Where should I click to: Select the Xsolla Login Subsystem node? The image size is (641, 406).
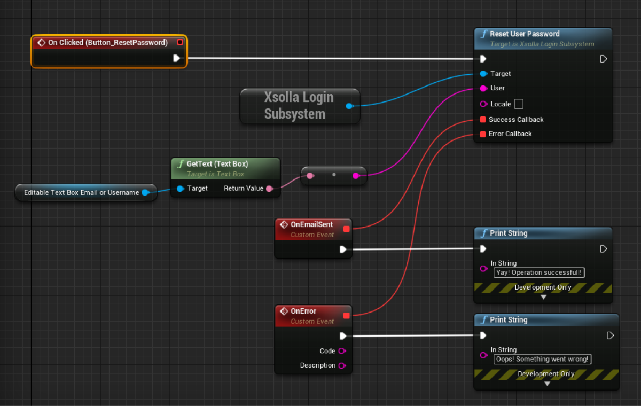[x=299, y=106]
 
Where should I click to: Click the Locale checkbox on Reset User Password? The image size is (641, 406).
[x=518, y=104]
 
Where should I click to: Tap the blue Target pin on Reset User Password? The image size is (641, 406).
[x=483, y=74]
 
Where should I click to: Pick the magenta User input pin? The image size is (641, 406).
[x=483, y=88]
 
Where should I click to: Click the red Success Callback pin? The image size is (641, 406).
[x=483, y=120]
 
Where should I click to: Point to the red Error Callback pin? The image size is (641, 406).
[x=483, y=134]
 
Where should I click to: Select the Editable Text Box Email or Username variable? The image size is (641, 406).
[x=81, y=192]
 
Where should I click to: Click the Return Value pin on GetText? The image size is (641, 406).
[x=269, y=189]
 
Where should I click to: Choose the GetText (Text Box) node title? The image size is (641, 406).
[x=217, y=163]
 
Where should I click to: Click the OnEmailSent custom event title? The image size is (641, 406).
[x=311, y=225]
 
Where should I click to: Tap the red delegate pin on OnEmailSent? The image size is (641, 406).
[x=346, y=229]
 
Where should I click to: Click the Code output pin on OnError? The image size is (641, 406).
[x=342, y=351]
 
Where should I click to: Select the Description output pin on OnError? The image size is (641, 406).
[x=342, y=365]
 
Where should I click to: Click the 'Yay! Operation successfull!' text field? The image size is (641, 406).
[x=538, y=272]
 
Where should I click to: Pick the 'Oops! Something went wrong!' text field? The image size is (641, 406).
[x=542, y=359]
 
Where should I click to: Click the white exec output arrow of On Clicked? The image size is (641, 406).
[x=177, y=58]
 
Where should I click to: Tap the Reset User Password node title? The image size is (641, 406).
[x=525, y=34]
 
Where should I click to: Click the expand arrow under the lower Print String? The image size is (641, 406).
[x=546, y=383]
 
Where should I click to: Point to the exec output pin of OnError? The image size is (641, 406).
[x=343, y=336]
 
